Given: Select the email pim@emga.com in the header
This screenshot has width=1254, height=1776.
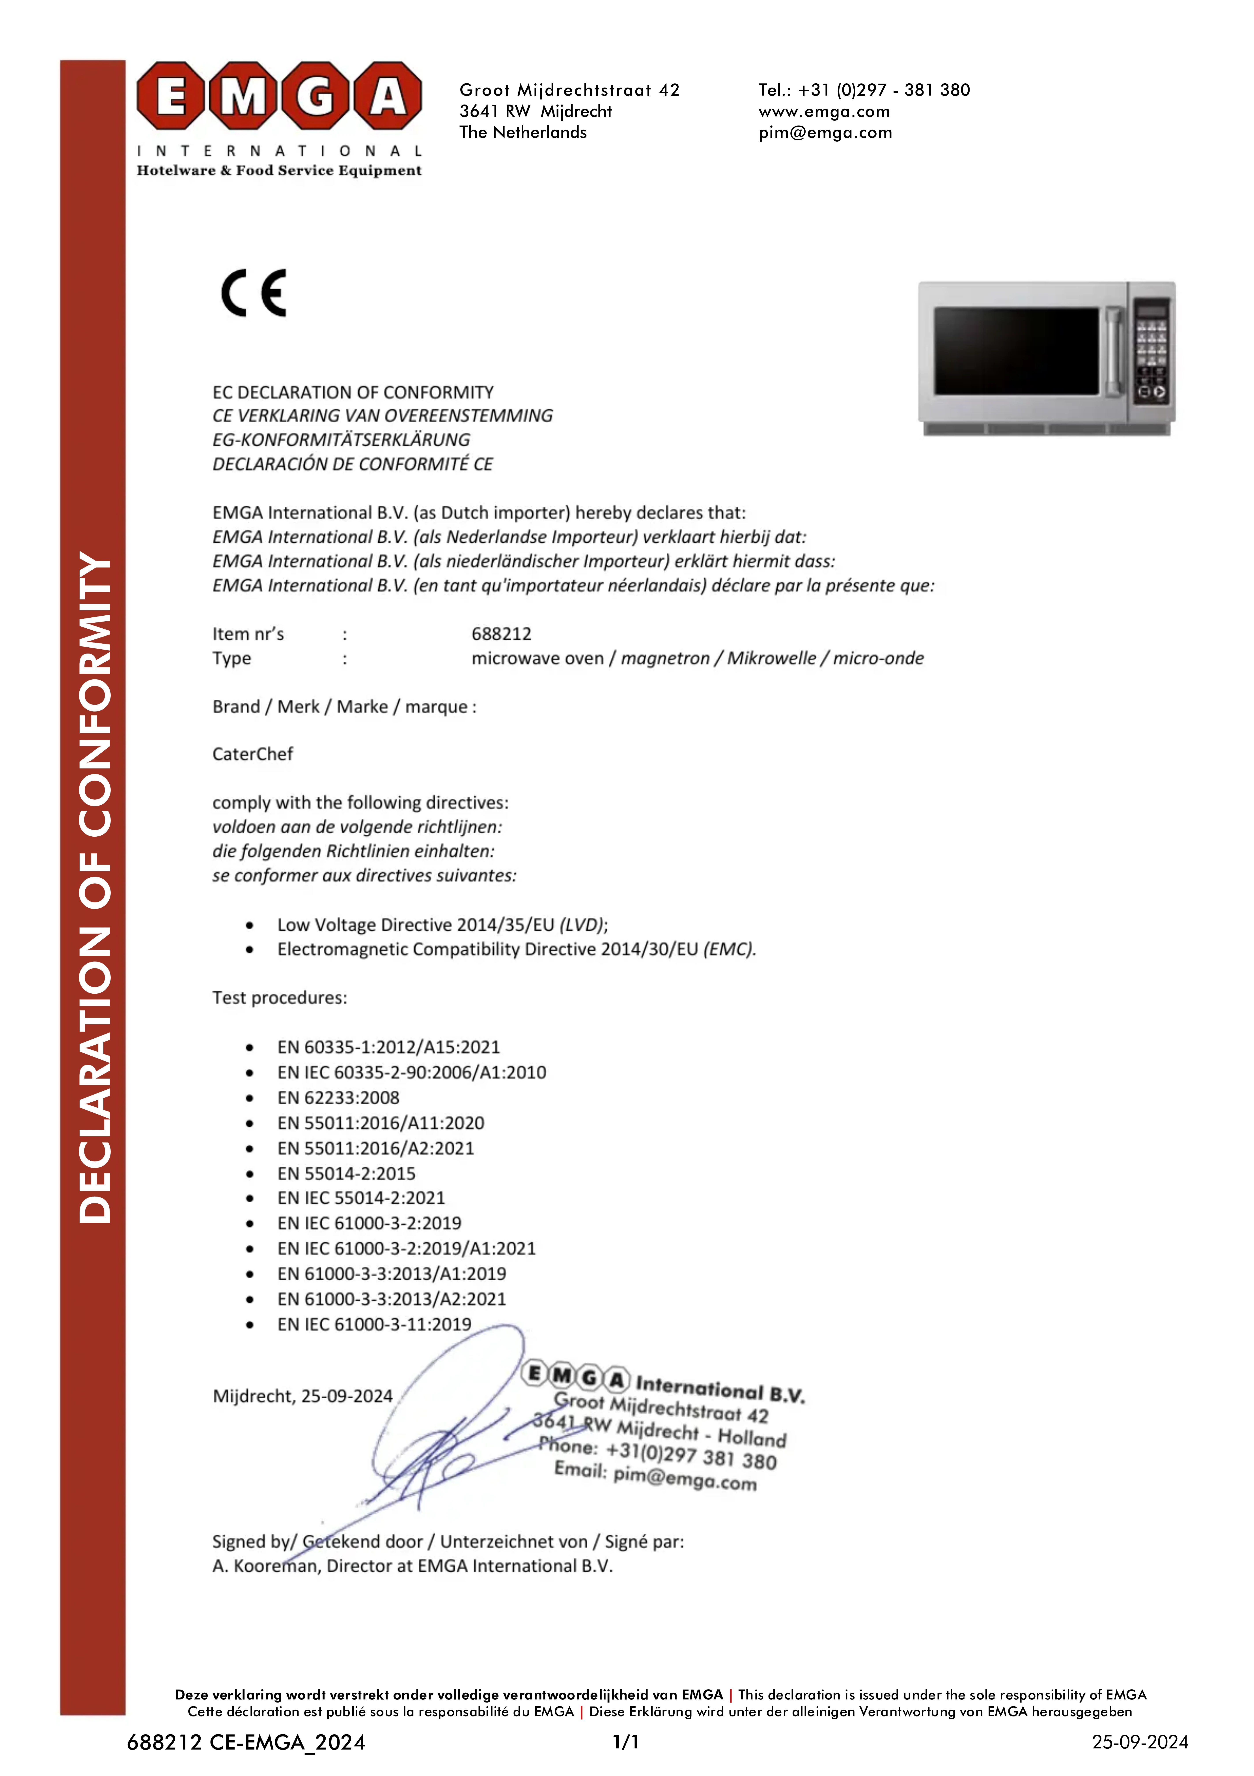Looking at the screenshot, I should click(825, 132).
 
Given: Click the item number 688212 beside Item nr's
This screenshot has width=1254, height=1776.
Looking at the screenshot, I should click(501, 634).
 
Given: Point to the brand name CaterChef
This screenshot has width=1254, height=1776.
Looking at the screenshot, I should click(253, 754).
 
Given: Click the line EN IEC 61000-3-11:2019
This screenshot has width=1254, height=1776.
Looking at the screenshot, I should click(374, 1324).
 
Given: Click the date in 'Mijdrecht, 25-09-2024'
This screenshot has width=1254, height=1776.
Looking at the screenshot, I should click(347, 1396).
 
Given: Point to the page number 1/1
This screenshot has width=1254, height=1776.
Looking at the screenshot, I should click(625, 1742).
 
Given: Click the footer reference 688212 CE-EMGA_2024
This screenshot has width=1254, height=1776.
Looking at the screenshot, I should click(246, 1742).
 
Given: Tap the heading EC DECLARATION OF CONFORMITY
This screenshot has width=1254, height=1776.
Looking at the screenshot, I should click(353, 392).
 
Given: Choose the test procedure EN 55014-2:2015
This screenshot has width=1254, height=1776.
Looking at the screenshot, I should click(346, 1173).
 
